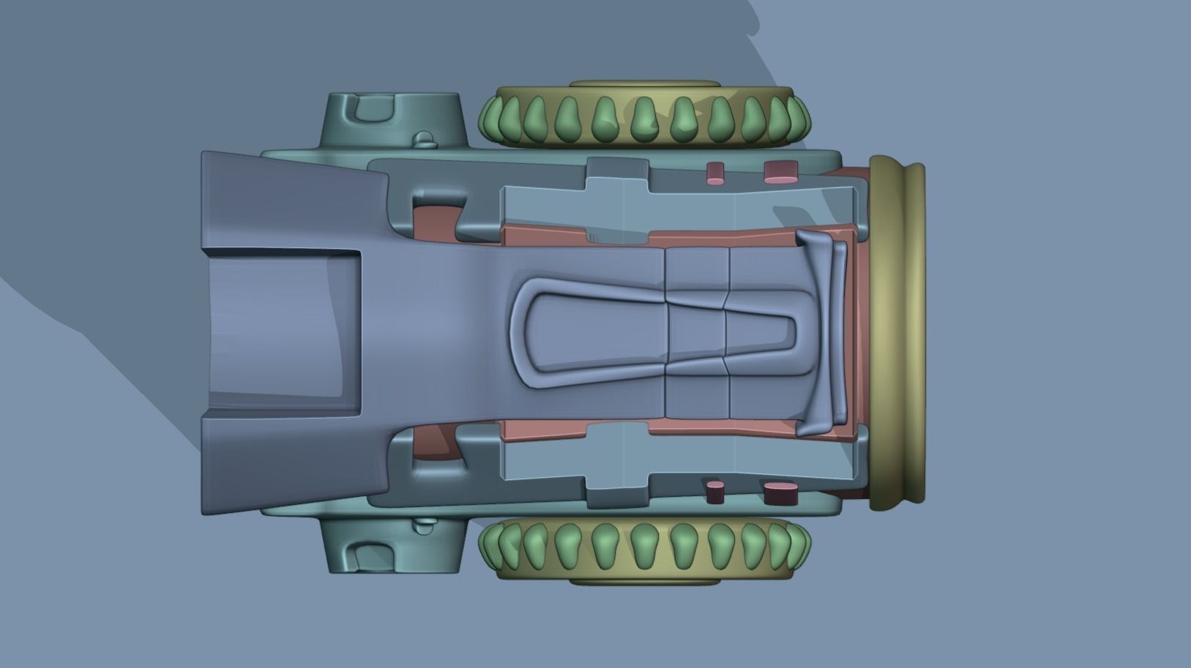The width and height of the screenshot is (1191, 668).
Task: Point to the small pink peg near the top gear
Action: pos(715,173)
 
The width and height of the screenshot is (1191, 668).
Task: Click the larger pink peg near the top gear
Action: pos(780,172)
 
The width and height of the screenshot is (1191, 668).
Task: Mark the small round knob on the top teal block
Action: pos(424,138)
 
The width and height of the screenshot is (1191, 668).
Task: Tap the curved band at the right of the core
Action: pos(824,333)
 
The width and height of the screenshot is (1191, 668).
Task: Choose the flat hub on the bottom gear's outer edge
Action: pos(644,582)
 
